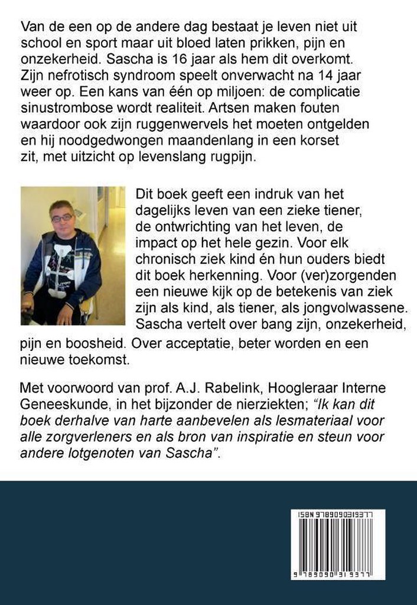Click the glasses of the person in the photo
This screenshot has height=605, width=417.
pos(61,217)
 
